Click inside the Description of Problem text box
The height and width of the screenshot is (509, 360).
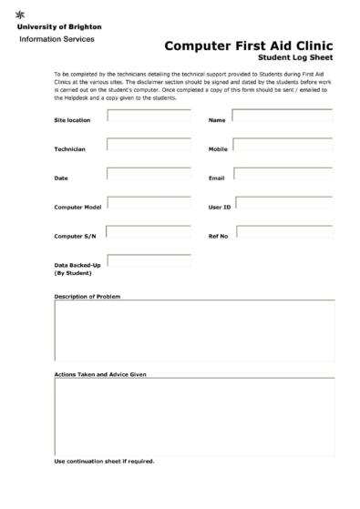click(x=193, y=331)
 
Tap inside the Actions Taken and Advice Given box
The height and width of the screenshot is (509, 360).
click(x=193, y=416)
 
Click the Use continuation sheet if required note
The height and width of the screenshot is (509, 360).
click(x=104, y=461)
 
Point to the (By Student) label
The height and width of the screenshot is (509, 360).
click(x=73, y=273)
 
